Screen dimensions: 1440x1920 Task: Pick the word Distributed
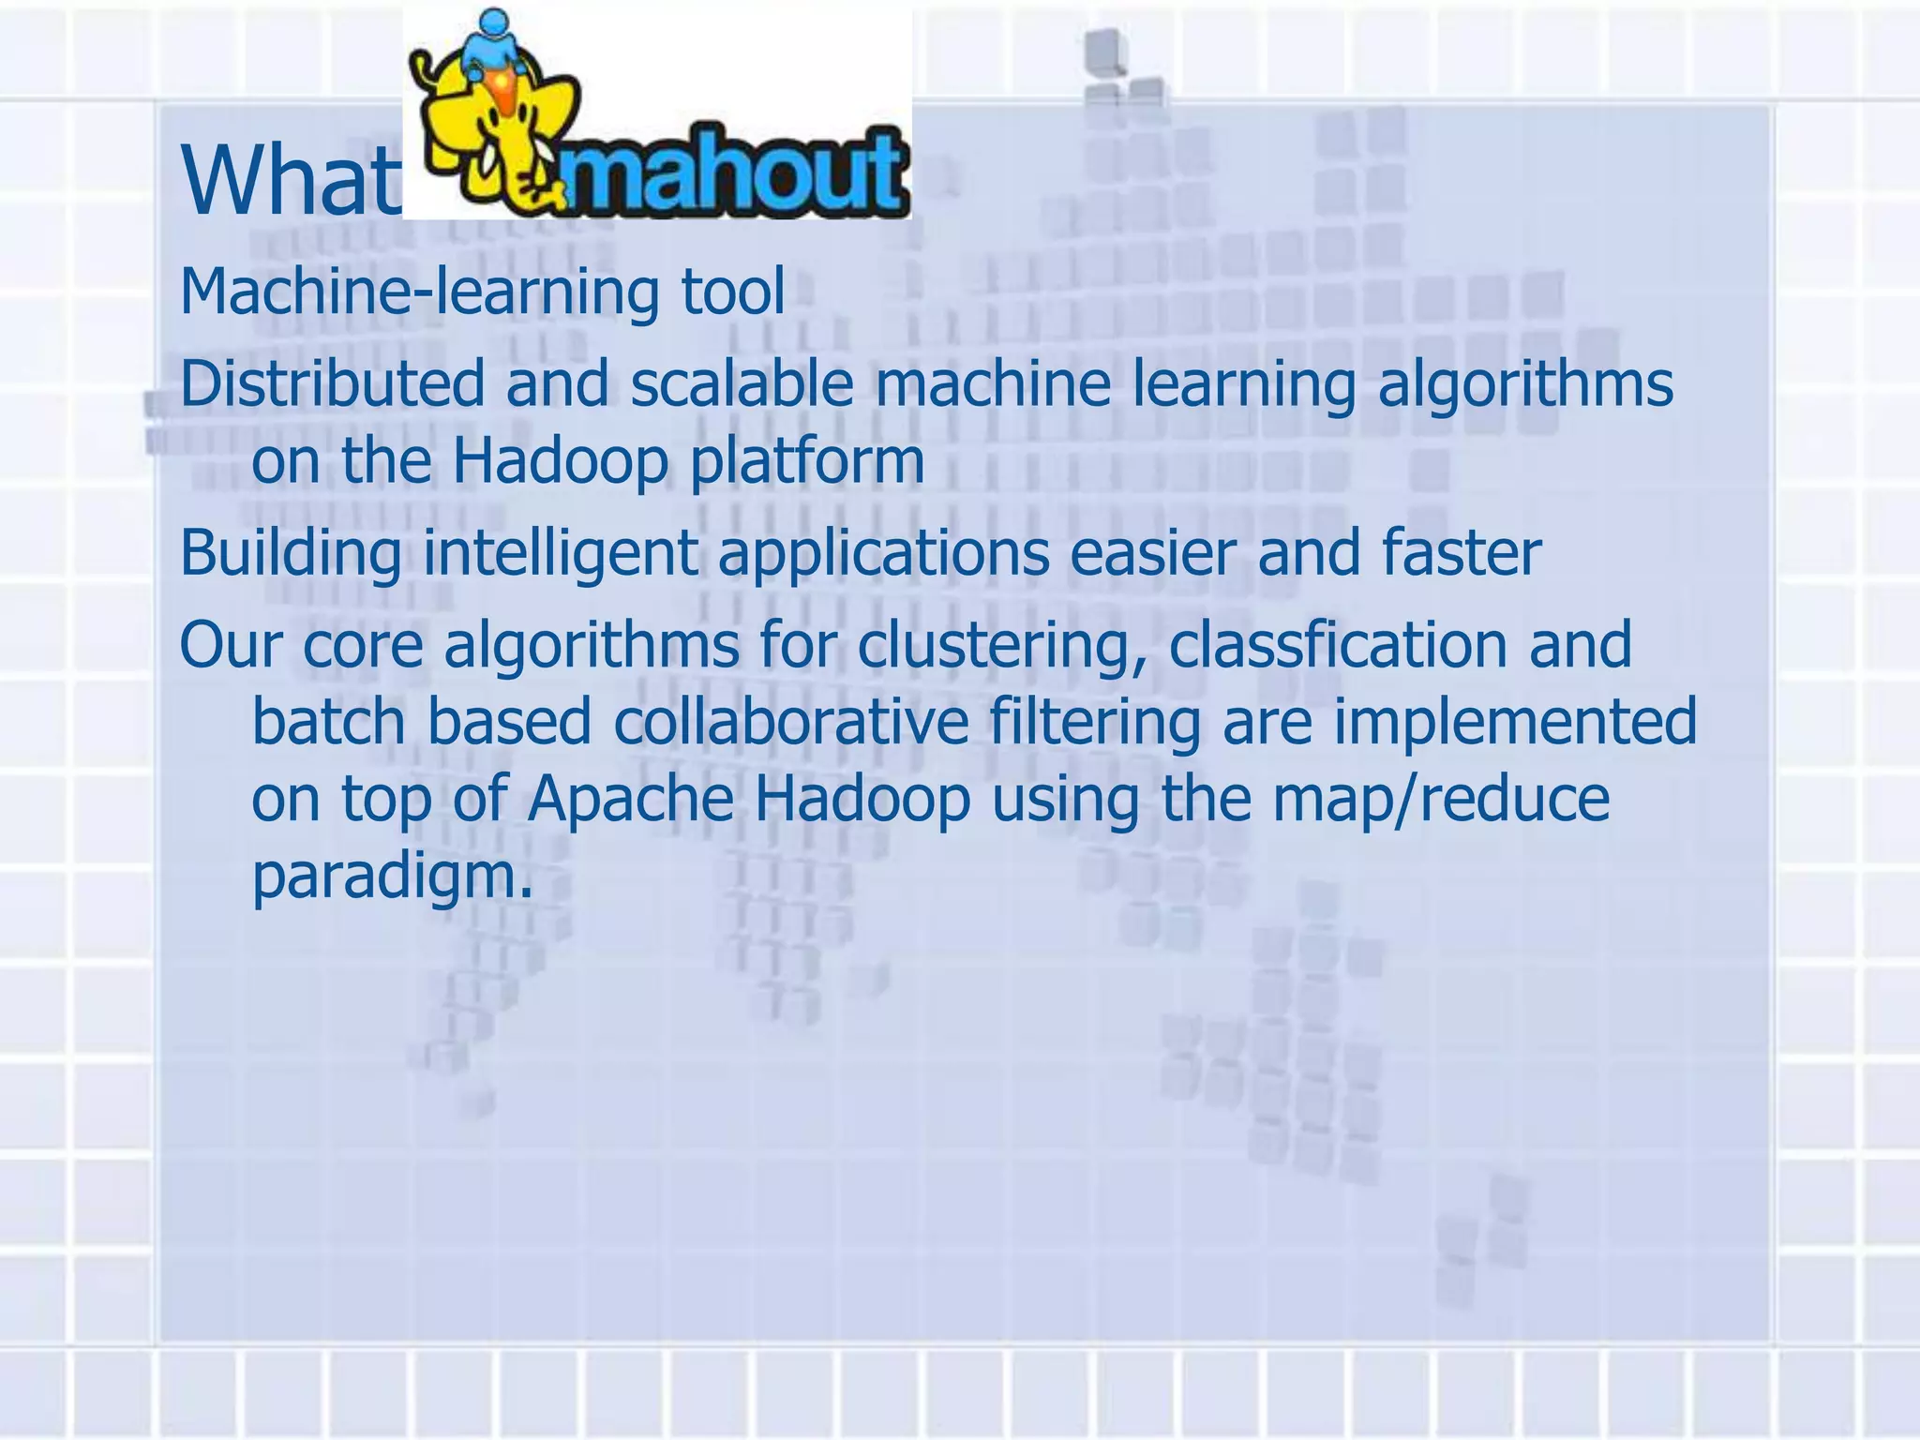coord(332,384)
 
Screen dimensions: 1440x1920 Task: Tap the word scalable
coord(742,384)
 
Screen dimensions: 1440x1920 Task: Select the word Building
coord(290,553)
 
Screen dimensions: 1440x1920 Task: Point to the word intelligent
coord(560,553)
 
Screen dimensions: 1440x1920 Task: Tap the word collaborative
coord(791,722)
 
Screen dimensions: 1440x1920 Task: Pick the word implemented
coord(1514,722)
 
